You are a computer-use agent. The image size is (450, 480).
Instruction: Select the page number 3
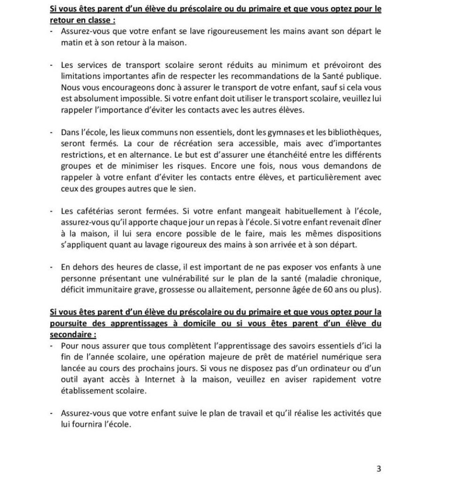379,469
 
